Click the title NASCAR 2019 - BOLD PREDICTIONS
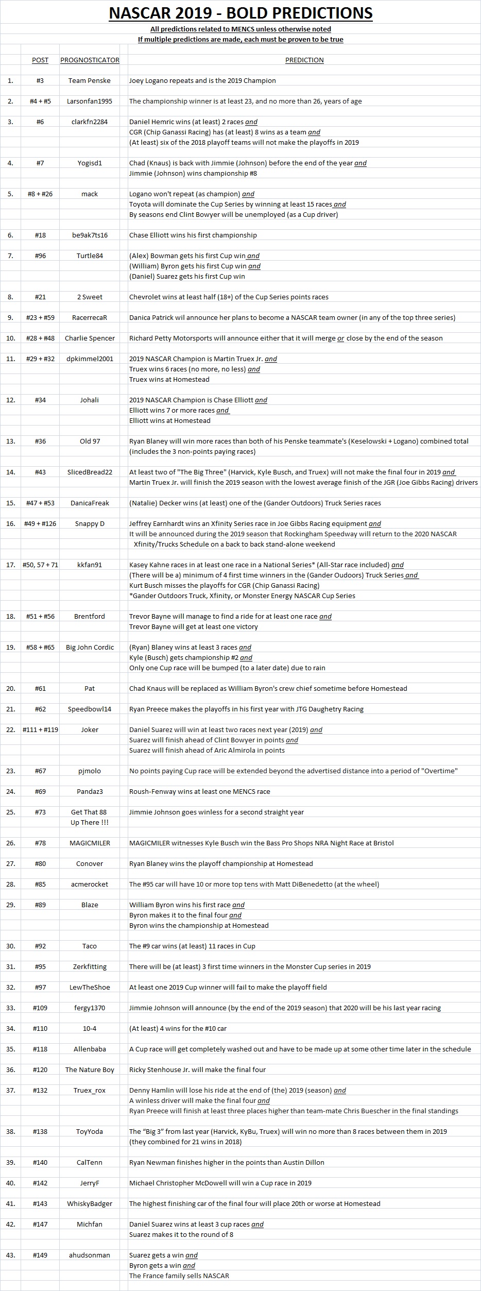(x=240, y=13)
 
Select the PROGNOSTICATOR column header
(x=90, y=60)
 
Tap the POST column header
(x=40, y=60)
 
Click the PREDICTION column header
(x=304, y=60)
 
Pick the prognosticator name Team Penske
(x=90, y=80)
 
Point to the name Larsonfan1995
(x=90, y=101)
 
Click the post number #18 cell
(x=40, y=235)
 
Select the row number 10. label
(x=11, y=338)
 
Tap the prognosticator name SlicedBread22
(x=90, y=472)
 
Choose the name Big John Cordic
(x=90, y=647)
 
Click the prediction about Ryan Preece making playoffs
(x=246, y=709)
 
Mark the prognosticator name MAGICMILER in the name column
(x=90, y=843)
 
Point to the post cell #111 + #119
(x=40, y=729)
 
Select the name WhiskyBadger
(x=90, y=1203)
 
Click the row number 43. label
(x=11, y=1255)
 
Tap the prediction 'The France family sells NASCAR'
(x=179, y=1276)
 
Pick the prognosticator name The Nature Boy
(x=90, y=1069)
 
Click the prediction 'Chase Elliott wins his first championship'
(x=193, y=235)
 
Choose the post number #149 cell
(x=40, y=1255)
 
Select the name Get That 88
(x=90, y=812)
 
